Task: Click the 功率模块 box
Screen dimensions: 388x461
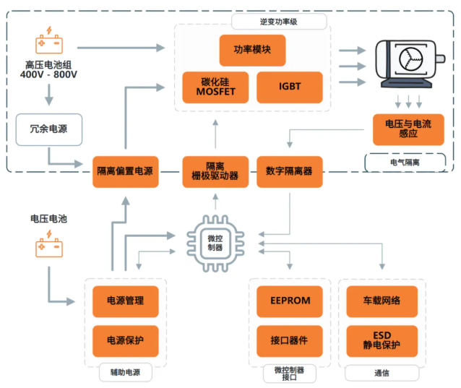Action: [x=252, y=51]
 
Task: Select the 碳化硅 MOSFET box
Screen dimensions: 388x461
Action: [x=215, y=87]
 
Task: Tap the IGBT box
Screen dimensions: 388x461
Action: [x=289, y=87]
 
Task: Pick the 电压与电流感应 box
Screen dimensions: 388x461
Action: [x=408, y=129]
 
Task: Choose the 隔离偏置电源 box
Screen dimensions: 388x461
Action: [x=126, y=171]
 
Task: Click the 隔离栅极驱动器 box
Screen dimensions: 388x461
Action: [x=215, y=171]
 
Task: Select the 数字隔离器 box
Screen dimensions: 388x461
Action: [x=289, y=171]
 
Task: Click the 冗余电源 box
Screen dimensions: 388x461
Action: [x=49, y=130]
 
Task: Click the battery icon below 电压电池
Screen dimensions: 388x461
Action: [x=49, y=247]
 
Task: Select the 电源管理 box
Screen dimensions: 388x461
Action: [x=126, y=301]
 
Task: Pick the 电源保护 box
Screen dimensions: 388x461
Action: [x=126, y=340]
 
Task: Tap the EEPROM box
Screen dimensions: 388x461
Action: [x=288, y=301]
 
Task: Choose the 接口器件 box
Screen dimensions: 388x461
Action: [x=288, y=340]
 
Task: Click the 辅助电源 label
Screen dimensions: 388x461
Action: [x=125, y=373]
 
